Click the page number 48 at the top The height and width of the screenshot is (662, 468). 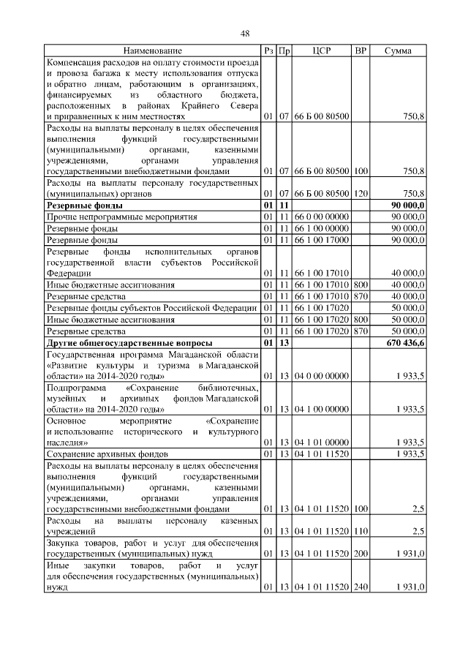point(245,33)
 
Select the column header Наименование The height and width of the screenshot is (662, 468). point(152,51)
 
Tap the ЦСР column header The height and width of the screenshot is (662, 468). point(322,51)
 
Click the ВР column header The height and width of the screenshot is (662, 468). point(360,51)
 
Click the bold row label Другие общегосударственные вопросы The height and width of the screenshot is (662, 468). point(130,342)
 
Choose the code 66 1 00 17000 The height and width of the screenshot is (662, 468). point(322,239)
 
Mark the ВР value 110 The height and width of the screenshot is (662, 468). point(360,531)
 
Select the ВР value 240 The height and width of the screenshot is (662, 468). point(360,587)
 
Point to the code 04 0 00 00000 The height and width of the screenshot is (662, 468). point(322,376)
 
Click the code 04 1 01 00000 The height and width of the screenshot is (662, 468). point(322,443)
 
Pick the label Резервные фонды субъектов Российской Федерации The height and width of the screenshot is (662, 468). point(152,309)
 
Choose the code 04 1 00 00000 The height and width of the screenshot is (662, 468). point(322,410)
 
